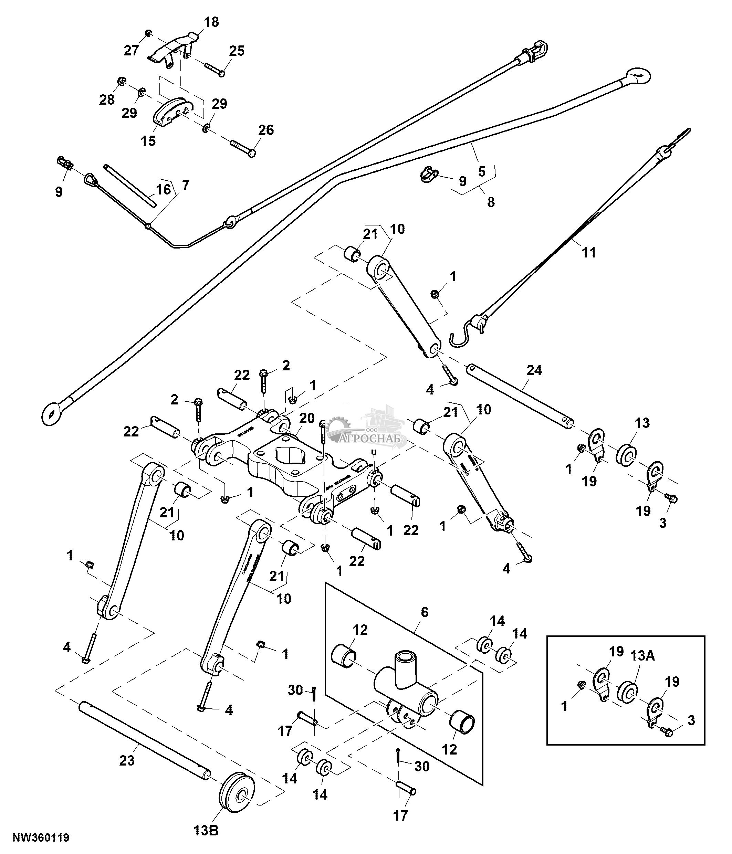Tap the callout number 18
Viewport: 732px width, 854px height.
pos(211,22)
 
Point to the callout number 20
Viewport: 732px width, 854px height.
pos(307,418)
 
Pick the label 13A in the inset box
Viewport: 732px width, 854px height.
pos(642,656)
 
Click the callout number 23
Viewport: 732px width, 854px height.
pos(127,760)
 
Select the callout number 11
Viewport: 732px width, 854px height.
pos(588,252)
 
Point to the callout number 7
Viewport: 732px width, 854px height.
pos(186,185)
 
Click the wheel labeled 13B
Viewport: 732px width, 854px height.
pos(237,797)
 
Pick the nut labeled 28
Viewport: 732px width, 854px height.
pos(122,81)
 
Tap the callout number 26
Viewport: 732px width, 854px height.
pos(266,130)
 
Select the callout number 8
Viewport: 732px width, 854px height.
pos(491,202)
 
